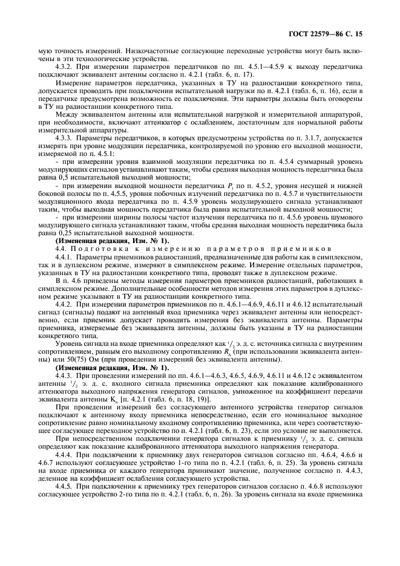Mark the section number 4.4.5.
click(x=64, y=497)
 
